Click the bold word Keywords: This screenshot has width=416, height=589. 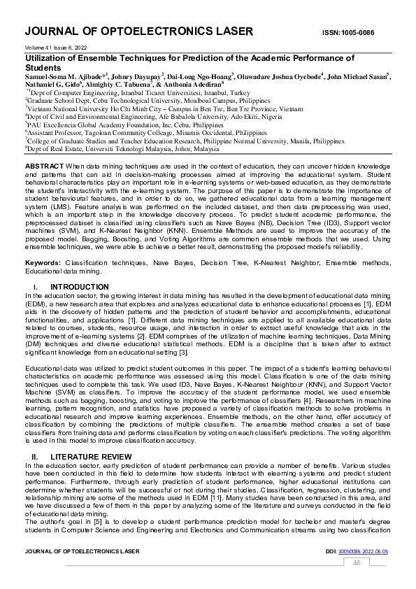(x=44, y=263)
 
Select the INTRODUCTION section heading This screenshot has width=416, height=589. (x=79, y=287)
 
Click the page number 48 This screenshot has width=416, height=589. (x=357, y=563)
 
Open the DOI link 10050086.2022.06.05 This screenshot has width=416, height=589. (x=363, y=552)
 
